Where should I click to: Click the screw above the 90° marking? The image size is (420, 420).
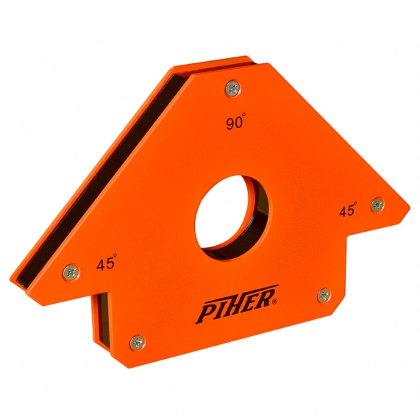(x=232, y=88)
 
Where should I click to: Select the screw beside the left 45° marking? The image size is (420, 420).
(x=70, y=270)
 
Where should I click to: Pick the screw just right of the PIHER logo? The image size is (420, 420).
(x=324, y=295)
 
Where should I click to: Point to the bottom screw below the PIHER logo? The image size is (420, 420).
(x=137, y=341)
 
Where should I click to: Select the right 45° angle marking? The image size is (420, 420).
(x=348, y=210)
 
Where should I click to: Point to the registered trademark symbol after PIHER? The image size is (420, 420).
(x=276, y=301)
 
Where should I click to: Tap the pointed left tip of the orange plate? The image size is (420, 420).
(x=13, y=280)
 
